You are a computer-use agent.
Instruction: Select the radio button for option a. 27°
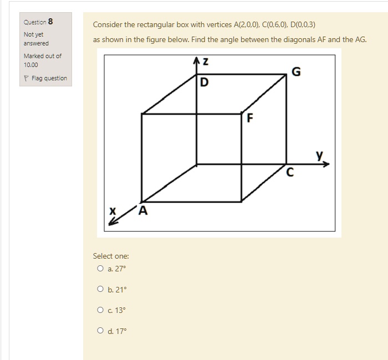click(x=100, y=269)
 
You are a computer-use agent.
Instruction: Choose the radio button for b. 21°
click(x=100, y=289)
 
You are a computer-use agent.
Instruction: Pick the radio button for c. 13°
click(x=100, y=310)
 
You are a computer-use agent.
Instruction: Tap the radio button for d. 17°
click(x=100, y=331)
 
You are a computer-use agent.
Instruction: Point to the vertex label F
click(x=250, y=117)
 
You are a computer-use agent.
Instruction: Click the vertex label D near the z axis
click(x=205, y=83)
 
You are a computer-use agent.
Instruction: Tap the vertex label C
click(x=289, y=173)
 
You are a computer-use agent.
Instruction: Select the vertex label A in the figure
click(x=144, y=210)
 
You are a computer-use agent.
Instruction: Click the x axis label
click(x=113, y=210)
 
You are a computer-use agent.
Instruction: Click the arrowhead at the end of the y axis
click(x=326, y=164)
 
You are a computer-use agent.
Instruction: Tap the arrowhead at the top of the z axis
click(x=196, y=60)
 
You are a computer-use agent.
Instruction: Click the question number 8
click(x=50, y=22)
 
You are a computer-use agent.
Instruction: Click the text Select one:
click(x=111, y=256)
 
